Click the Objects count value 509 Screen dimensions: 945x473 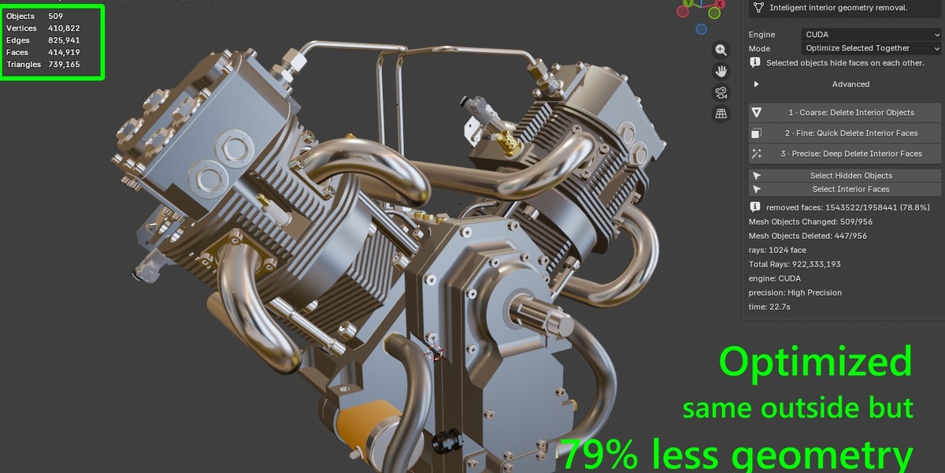coord(55,16)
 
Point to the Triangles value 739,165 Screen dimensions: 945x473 coord(64,64)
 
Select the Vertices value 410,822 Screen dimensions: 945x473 coord(64,28)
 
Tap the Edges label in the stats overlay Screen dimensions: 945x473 coord(17,40)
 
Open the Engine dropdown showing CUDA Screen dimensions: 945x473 coord(871,35)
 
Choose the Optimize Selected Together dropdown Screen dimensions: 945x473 coord(871,48)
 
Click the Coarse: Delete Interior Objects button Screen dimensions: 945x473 coord(845,113)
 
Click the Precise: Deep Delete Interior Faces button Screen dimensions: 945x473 coord(845,154)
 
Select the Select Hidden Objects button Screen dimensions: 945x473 coord(845,176)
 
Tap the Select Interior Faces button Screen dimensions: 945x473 coord(845,189)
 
